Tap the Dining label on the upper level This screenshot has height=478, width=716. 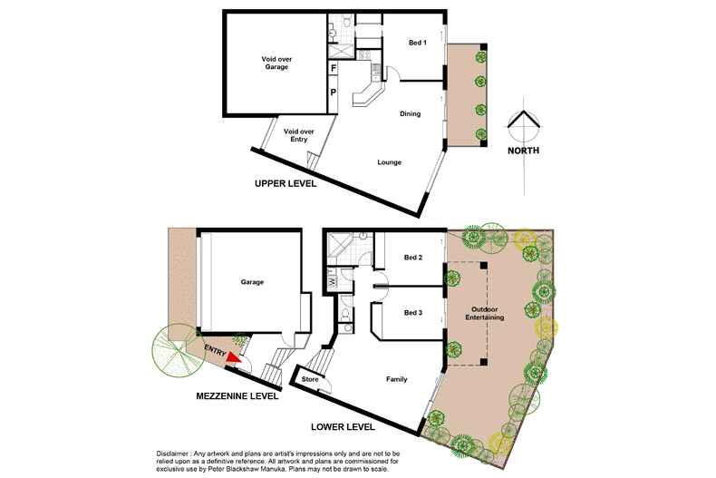click(412, 114)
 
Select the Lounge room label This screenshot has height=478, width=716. click(390, 162)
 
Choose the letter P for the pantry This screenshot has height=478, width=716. click(334, 92)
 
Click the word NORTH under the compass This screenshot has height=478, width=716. click(524, 151)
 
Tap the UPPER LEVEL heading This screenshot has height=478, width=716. click(285, 184)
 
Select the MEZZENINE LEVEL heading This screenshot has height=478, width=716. click(237, 396)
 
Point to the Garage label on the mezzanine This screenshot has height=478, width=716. click(252, 282)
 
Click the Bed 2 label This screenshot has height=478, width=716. click(411, 258)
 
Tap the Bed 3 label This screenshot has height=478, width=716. click(411, 312)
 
